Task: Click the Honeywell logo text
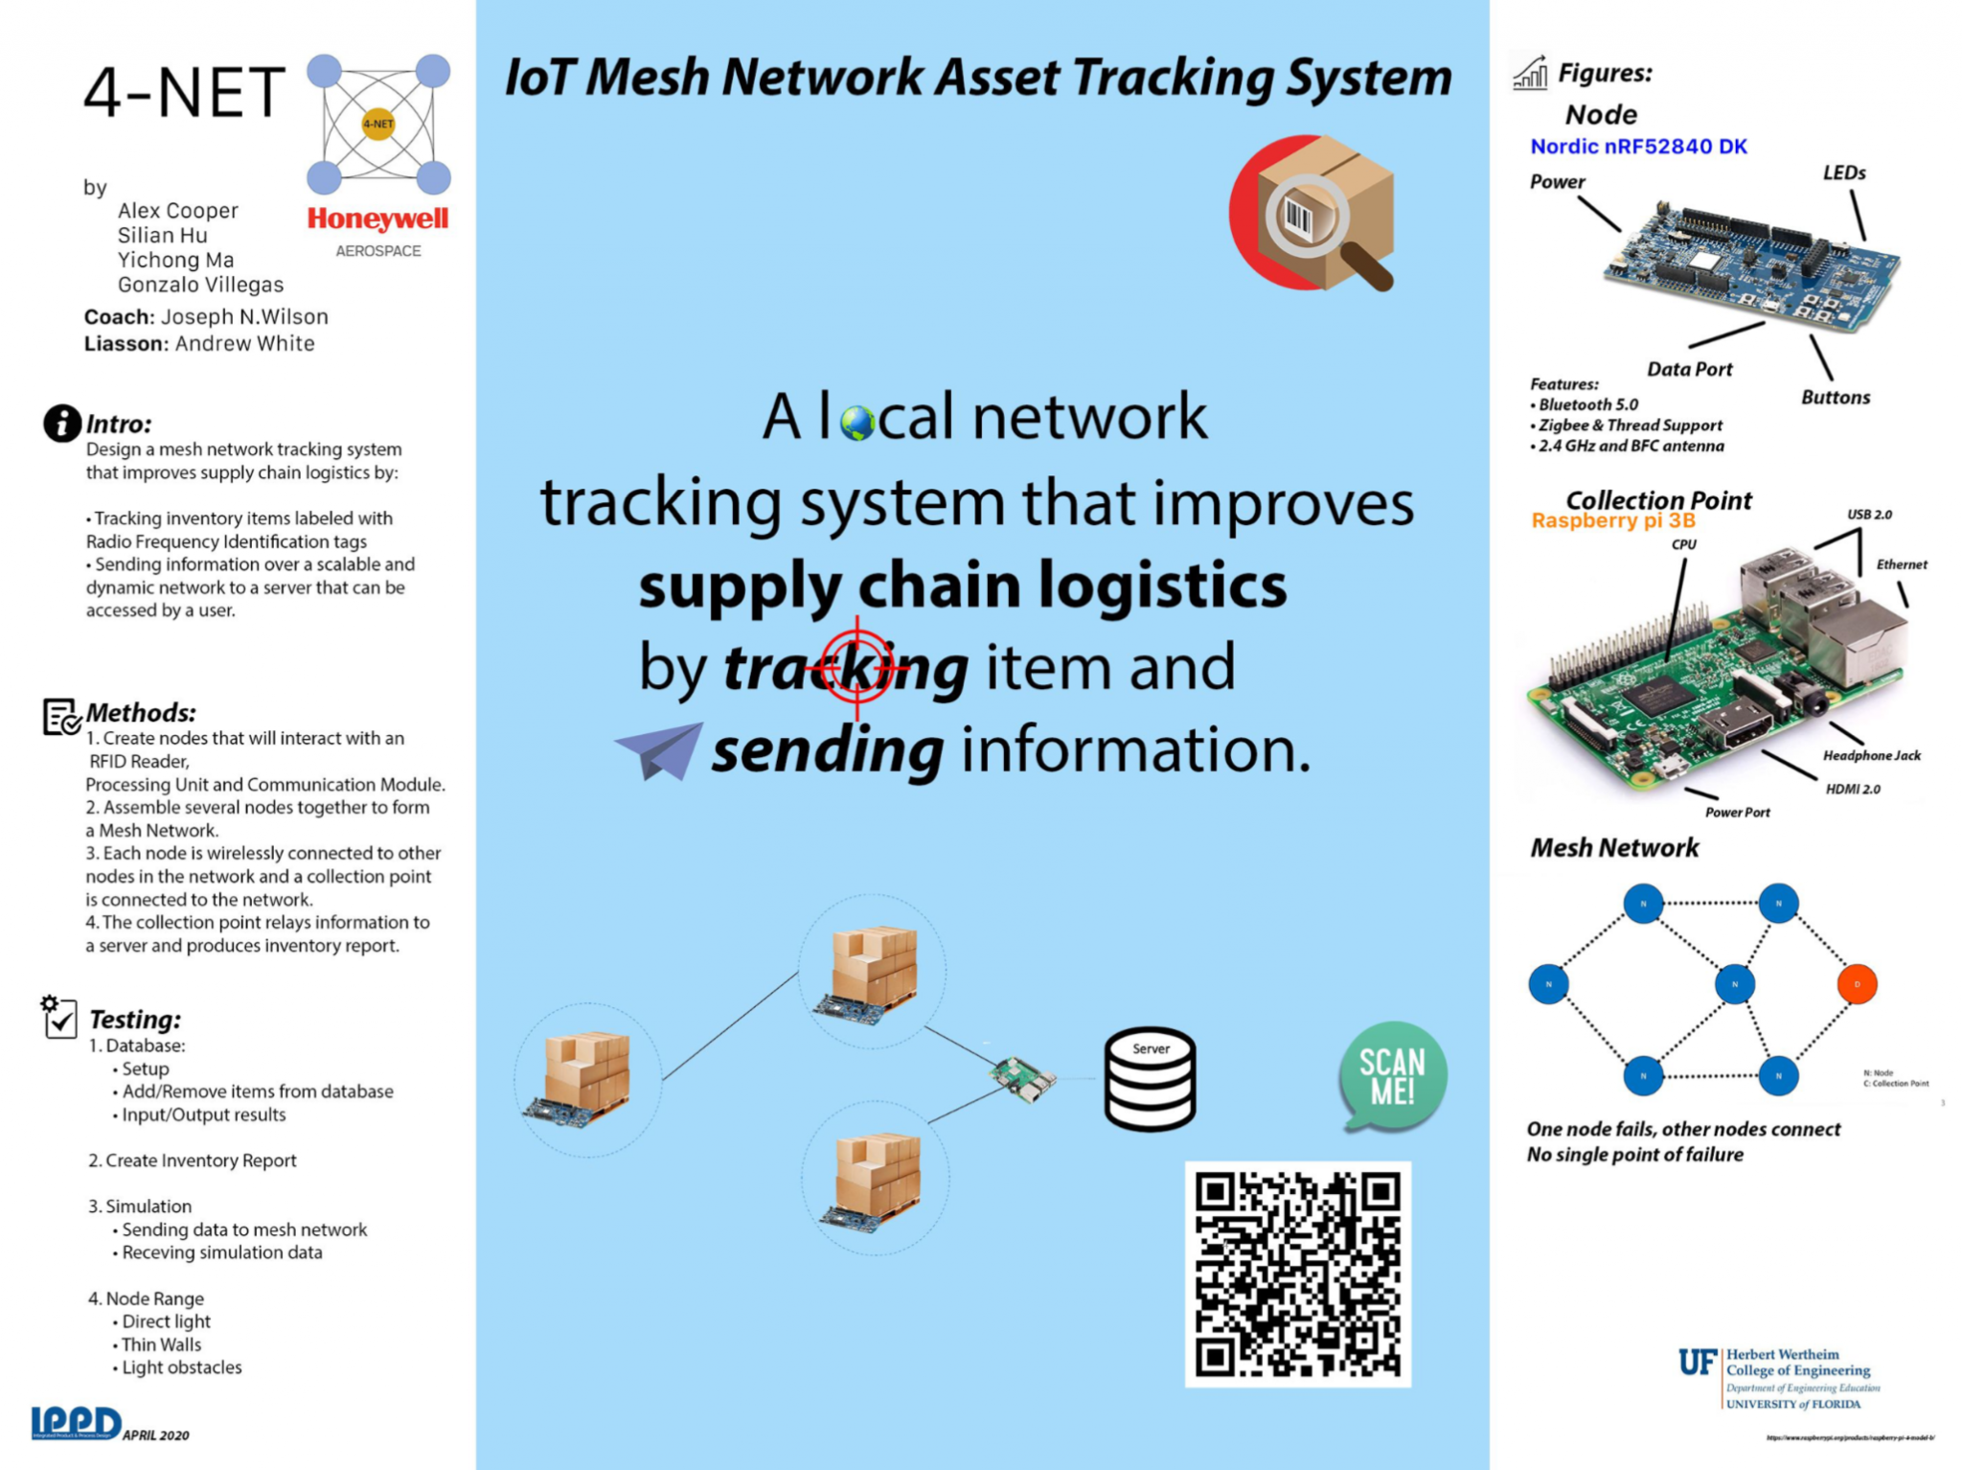point(377,219)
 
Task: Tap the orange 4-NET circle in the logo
point(377,124)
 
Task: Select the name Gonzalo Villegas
point(200,285)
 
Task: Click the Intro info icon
point(62,423)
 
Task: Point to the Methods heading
point(141,713)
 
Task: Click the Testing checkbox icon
point(59,1018)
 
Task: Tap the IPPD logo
point(76,1422)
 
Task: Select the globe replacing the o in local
point(856,423)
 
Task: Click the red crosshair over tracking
point(856,667)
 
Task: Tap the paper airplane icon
point(659,749)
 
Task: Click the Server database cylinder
point(1150,1080)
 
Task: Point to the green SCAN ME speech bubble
point(1392,1076)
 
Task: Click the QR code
point(1297,1274)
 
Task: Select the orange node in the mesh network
point(1856,984)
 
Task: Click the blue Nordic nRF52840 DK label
point(1638,147)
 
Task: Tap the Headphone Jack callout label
point(1871,756)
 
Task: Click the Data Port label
point(1689,370)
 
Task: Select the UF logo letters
point(1697,1362)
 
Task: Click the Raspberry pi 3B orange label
point(1612,521)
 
